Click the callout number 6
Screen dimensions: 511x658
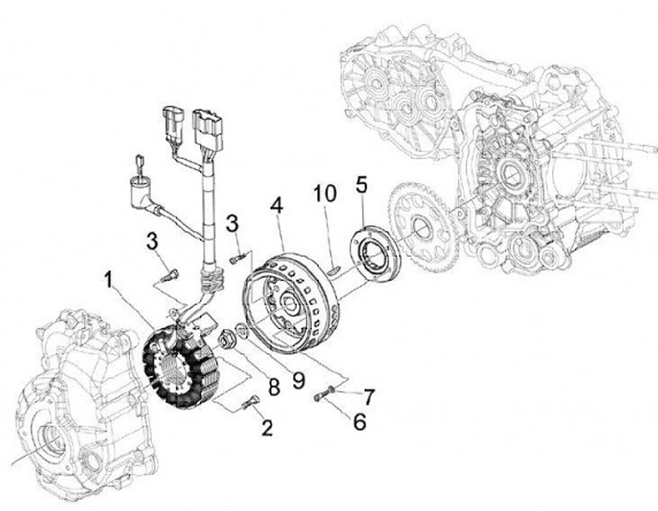click(x=357, y=422)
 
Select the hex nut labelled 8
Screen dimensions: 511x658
click(x=228, y=339)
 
